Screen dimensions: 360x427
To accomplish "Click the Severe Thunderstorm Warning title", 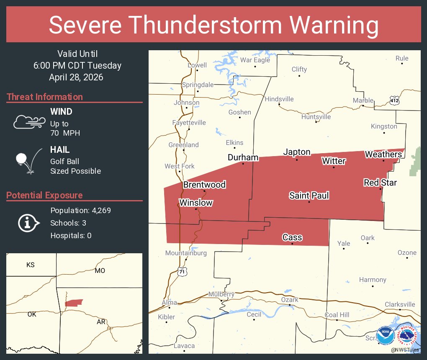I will [x=213, y=25].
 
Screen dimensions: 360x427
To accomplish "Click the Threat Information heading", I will [x=45, y=97].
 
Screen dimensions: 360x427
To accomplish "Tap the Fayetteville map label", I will [x=189, y=123].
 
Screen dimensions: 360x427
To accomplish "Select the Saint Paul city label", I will [x=309, y=195].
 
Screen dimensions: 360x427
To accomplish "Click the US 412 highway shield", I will [x=394, y=101].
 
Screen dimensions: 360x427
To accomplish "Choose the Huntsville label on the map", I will [x=316, y=117].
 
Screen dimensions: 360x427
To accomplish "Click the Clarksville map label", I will [x=400, y=304].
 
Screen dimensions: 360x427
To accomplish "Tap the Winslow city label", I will [x=196, y=203].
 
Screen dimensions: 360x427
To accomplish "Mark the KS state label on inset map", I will [x=31, y=265].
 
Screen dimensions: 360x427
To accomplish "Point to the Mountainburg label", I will [x=186, y=253].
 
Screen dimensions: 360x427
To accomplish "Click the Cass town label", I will [x=292, y=237].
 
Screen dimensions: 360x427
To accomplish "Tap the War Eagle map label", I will [x=255, y=60].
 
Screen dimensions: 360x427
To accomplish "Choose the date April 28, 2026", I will [x=76, y=77].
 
